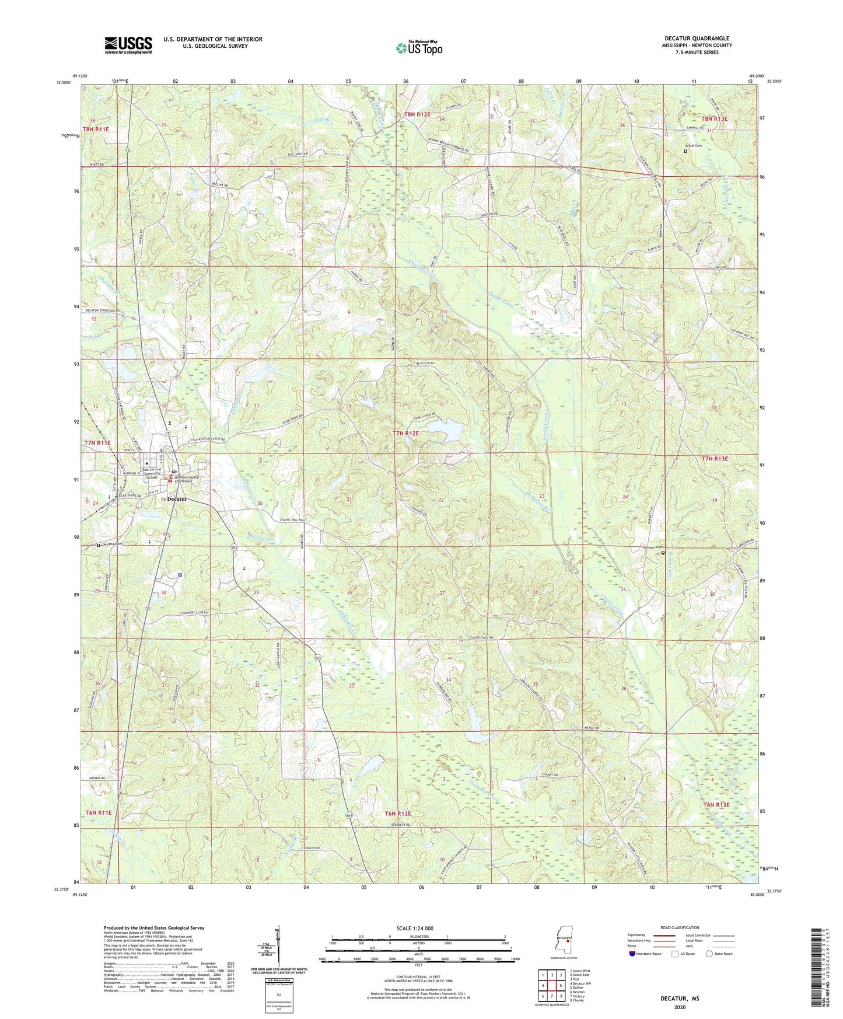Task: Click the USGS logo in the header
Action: click(x=128, y=45)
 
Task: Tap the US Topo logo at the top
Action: click(x=418, y=48)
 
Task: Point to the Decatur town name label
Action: click(x=177, y=500)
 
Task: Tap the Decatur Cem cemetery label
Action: click(x=112, y=545)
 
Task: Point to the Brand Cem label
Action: click(x=693, y=145)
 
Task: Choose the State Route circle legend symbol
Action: click(x=709, y=954)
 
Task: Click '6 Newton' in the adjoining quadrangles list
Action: click(x=577, y=992)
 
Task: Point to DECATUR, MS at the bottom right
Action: click(x=680, y=999)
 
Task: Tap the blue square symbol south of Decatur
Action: click(x=180, y=574)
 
